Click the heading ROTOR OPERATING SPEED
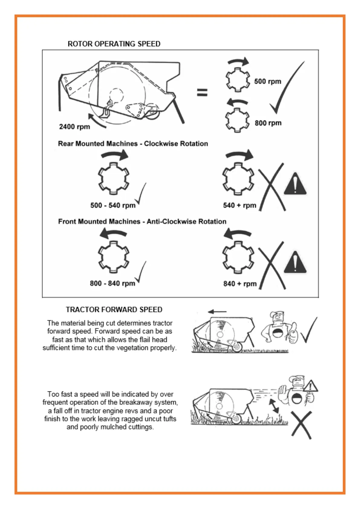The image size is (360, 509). click(114, 44)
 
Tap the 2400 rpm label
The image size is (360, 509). click(74, 127)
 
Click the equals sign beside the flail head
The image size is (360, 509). click(202, 92)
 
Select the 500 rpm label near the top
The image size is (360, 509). click(267, 81)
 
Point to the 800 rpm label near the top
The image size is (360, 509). click(268, 123)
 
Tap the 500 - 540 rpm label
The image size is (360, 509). click(113, 206)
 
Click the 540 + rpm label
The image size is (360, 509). click(239, 206)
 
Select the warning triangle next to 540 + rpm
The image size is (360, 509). click(295, 184)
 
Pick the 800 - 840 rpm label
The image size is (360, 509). click(112, 284)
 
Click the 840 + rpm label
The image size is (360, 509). click(240, 284)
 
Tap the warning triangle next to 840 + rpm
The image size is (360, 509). click(295, 262)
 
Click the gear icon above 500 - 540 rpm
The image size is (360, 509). click(114, 179)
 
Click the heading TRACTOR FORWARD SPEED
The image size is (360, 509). click(114, 310)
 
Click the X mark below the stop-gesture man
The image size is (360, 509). click(301, 425)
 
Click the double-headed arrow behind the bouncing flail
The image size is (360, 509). click(274, 406)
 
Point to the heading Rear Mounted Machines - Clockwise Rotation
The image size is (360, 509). click(133, 144)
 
